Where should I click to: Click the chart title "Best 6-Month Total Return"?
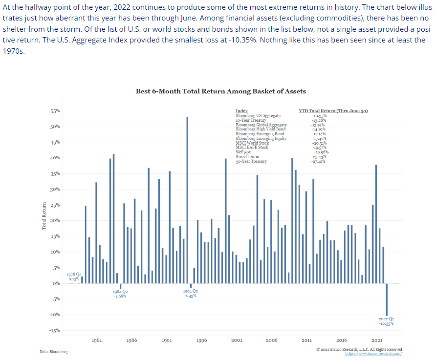click(x=220, y=91)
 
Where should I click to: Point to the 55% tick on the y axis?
click(x=55, y=111)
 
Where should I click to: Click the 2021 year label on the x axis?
click(x=377, y=340)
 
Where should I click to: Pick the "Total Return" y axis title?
click(x=44, y=216)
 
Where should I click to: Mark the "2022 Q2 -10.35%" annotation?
click(x=386, y=320)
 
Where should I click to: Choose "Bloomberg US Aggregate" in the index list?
click(x=258, y=116)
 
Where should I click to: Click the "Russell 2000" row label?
click(x=248, y=156)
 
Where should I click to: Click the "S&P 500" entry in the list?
click(x=244, y=152)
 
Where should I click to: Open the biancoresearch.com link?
click(x=373, y=353)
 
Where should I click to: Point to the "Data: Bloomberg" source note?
click(x=54, y=352)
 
